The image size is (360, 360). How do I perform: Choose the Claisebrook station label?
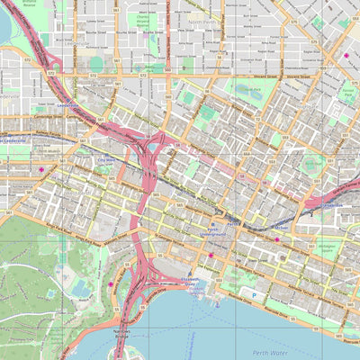click(x=333, y=205)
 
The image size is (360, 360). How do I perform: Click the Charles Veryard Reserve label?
click(x=141, y=22)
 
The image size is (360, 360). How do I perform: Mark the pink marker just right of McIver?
click(x=277, y=239)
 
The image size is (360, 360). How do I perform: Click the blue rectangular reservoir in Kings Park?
click(x=82, y=288)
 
